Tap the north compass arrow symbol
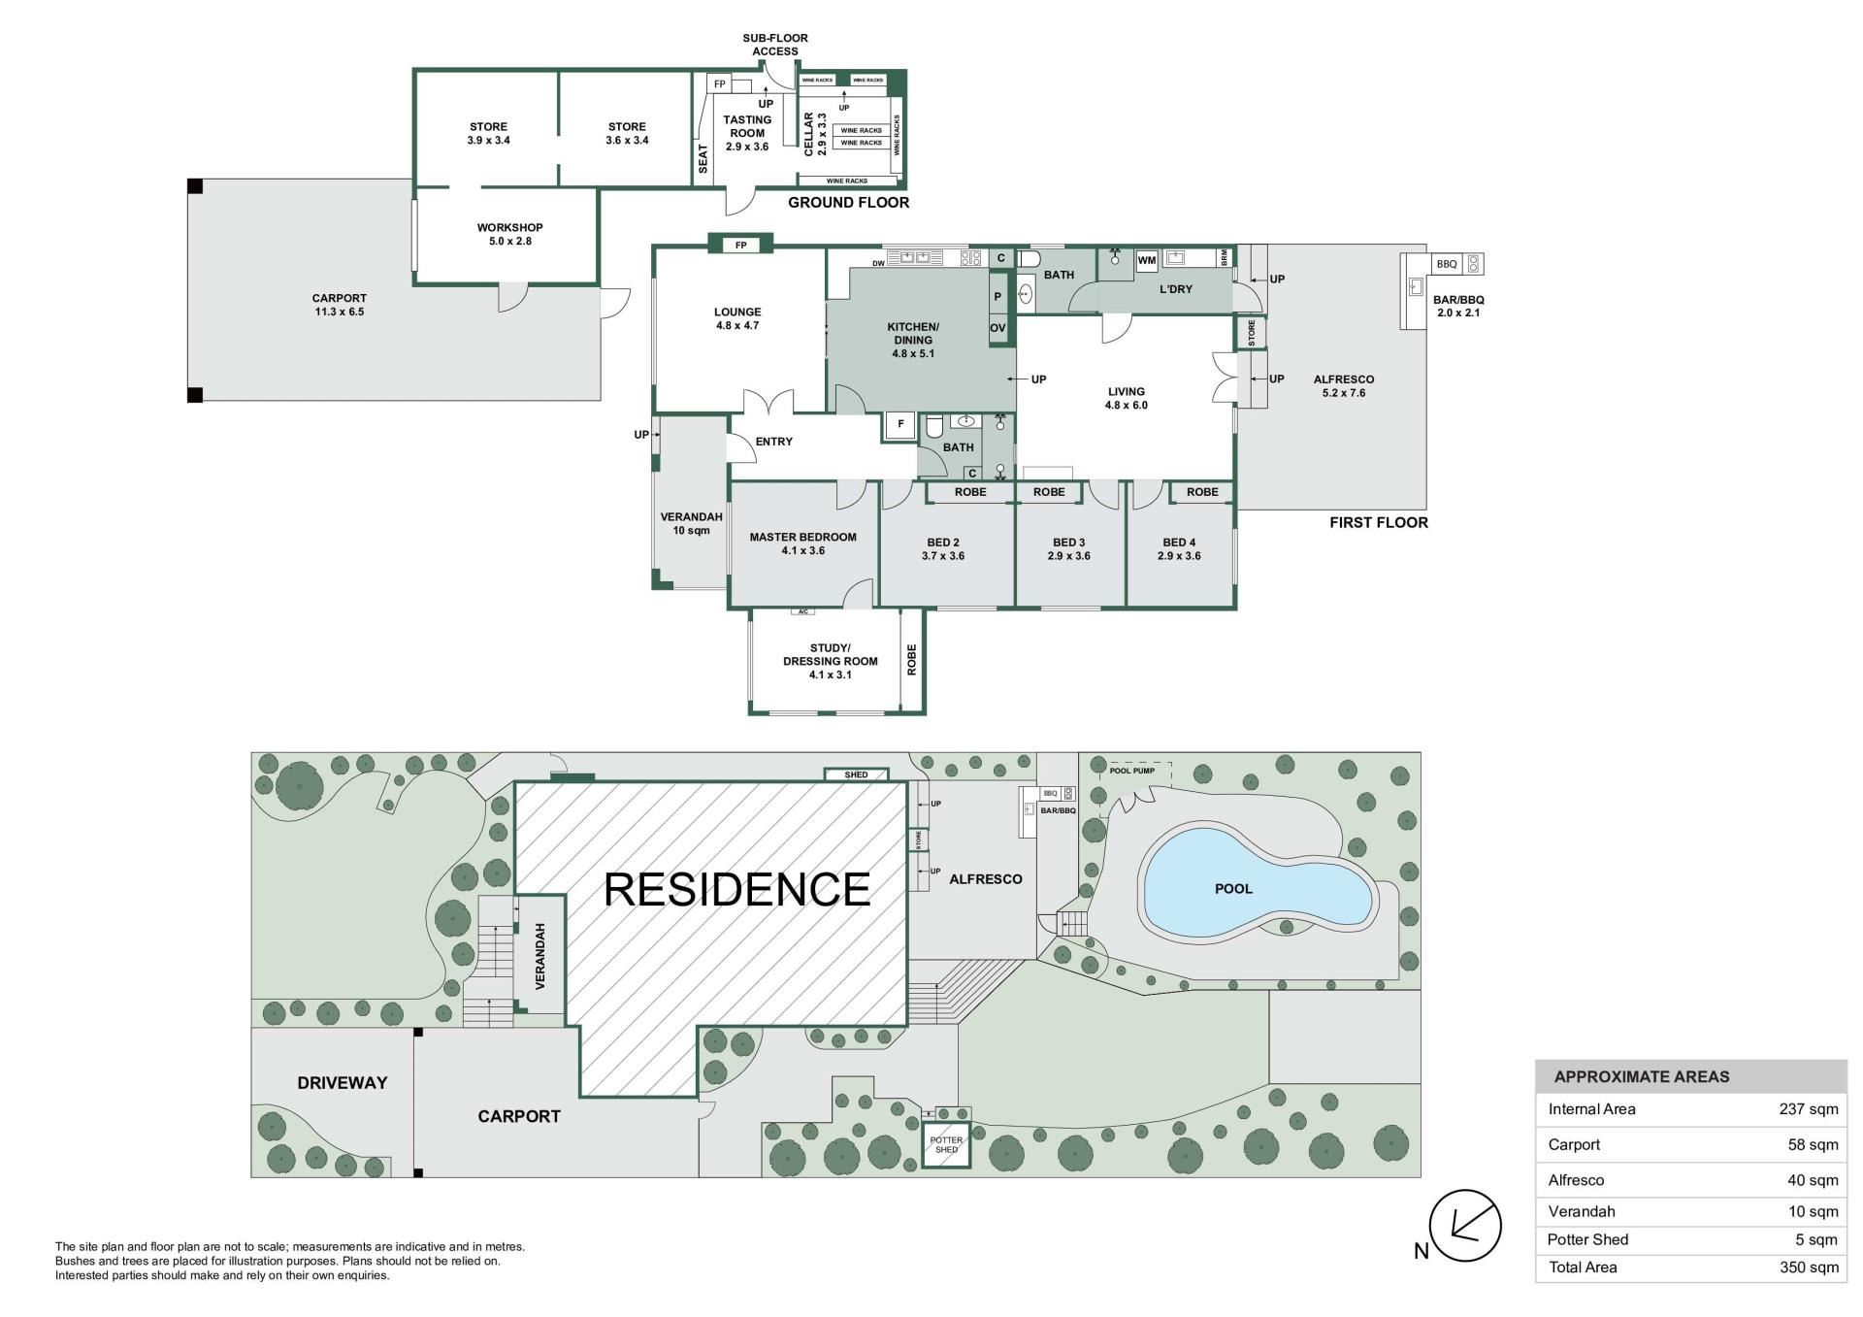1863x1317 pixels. click(1465, 1226)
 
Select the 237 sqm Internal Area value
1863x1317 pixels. click(1808, 1109)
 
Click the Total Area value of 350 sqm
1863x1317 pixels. click(1808, 1268)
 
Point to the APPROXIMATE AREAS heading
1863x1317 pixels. click(1642, 1077)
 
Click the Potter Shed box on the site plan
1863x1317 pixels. click(945, 1145)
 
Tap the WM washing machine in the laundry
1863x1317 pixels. click(1147, 260)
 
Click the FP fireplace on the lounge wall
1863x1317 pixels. click(741, 246)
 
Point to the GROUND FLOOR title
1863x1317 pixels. click(848, 203)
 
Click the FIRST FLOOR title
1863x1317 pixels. click(1379, 522)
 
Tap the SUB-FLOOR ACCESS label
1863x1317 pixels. click(775, 45)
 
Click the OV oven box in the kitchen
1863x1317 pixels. click(997, 328)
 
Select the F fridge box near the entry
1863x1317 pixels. click(900, 424)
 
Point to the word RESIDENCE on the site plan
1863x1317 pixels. click(736, 890)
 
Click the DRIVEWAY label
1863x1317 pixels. click(343, 1083)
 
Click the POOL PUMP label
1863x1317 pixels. click(1132, 771)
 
